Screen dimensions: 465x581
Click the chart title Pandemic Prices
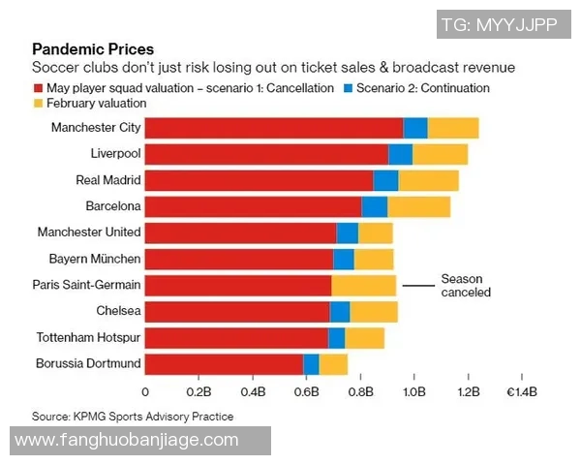point(93,49)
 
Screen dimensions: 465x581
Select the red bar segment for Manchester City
point(274,128)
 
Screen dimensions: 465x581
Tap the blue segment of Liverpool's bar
point(400,154)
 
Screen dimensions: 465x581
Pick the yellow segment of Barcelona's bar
point(418,206)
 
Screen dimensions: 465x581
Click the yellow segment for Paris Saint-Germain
point(363,285)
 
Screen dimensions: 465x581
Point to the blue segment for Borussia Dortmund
point(311,364)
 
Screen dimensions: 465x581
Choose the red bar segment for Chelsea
point(237,311)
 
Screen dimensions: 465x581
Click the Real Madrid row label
point(108,180)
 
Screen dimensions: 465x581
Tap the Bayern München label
point(95,259)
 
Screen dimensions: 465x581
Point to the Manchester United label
point(89,232)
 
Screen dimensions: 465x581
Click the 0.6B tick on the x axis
point(307,392)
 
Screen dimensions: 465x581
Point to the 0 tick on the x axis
point(145,392)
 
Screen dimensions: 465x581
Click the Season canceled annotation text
point(466,285)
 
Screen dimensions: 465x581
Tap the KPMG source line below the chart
point(133,417)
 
